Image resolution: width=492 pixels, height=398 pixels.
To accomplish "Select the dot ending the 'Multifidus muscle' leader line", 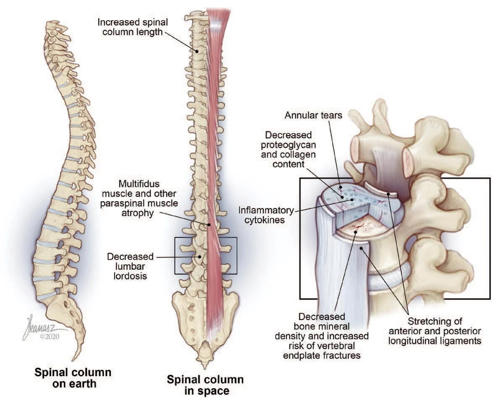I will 208,225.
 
